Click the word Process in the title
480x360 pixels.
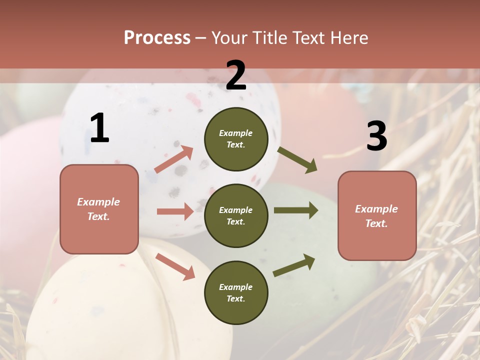[157, 38]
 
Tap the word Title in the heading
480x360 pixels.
[270, 38]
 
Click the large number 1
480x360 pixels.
[99, 128]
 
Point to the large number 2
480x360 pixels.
[236, 75]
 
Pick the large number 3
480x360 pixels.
[376, 136]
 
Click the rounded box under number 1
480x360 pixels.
[99, 209]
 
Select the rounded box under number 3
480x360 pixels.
[377, 215]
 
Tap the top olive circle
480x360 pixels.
[236, 139]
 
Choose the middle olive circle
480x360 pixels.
[236, 215]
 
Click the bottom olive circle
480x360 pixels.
[236, 292]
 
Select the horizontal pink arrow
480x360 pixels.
[175, 211]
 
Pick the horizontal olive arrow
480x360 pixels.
[296, 210]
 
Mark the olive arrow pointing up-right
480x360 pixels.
[294, 265]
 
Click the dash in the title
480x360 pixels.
[201, 38]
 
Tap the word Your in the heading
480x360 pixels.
[230, 38]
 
